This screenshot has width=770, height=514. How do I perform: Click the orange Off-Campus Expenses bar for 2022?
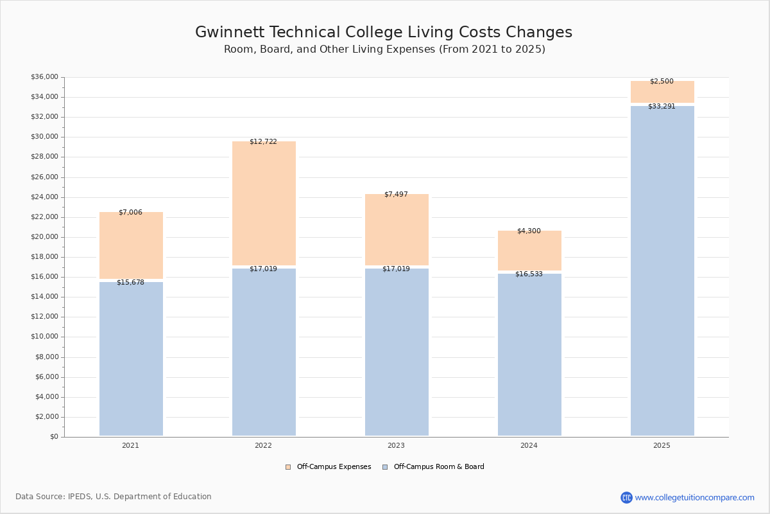click(x=264, y=203)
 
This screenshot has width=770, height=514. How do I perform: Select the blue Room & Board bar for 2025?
click(x=662, y=270)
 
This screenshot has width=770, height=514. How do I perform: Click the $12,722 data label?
click(x=263, y=142)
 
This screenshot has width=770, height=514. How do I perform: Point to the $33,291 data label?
click(x=662, y=107)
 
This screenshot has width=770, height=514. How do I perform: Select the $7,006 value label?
click(x=130, y=213)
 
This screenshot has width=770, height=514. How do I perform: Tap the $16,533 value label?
click(x=529, y=274)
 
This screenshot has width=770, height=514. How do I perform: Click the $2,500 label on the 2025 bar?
click(x=662, y=82)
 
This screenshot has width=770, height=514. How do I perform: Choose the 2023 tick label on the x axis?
click(x=396, y=446)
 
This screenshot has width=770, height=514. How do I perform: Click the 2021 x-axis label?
click(x=130, y=446)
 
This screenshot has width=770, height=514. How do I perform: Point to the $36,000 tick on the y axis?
click(x=44, y=77)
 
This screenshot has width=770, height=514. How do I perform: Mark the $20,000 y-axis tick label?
click(x=44, y=237)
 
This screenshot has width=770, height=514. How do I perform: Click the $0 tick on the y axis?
click(x=53, y=437)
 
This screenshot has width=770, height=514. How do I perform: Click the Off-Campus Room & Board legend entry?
click(x=438, y=467)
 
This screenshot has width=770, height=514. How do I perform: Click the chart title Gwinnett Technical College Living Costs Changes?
click(x=384, y=33)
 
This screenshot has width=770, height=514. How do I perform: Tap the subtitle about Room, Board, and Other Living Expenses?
click(x=384, y=49)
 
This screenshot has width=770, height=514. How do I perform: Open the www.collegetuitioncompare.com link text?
click(x=694, y=497)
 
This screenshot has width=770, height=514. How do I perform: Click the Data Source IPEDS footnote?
click(x=114, y=497)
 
